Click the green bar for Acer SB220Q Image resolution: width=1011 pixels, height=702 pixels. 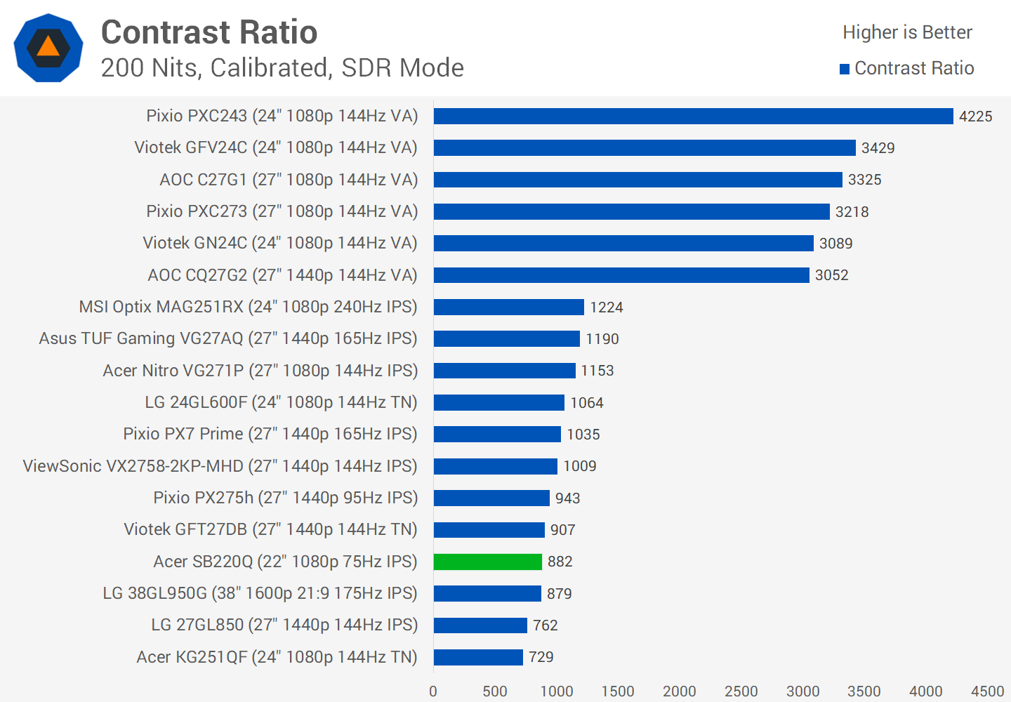pos(488,562)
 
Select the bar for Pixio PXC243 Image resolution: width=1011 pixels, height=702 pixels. pos(693,116)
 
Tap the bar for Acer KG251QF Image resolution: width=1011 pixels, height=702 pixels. pos(478,657)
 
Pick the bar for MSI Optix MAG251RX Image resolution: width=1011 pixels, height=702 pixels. pos(508,307)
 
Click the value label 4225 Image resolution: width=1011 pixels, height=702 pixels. pos(975,117)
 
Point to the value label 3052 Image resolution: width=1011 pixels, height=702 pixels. pos(831,275)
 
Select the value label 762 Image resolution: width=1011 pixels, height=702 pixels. pos(545,625)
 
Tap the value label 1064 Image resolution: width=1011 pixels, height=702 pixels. pos(586,403)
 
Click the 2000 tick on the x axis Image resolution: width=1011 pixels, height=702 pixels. pos(679,691)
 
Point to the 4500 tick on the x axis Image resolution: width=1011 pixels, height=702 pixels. pos(987,691)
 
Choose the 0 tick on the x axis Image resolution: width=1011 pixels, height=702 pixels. pos(433,691)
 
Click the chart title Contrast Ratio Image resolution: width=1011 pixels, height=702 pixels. pos(209,32)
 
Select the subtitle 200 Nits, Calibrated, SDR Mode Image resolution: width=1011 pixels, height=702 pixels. pos(282,68)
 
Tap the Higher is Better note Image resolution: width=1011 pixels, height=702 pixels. pos(907,32)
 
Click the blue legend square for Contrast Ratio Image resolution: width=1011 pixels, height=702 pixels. pos(845,69)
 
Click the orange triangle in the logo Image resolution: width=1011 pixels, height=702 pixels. pos(48,47)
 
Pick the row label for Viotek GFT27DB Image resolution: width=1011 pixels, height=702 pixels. pos(270,529)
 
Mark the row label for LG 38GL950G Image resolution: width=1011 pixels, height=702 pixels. pos(260,593)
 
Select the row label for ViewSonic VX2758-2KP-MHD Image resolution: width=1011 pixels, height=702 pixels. pos(220,466)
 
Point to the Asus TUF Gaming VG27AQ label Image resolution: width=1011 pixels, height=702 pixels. pos(228,338)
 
